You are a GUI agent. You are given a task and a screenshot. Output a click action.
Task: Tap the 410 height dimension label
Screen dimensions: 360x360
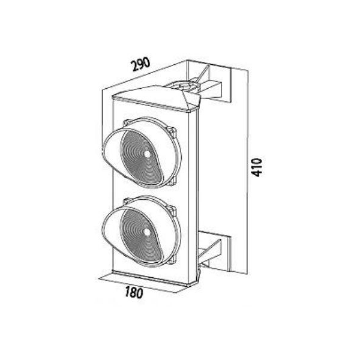coord(256,167)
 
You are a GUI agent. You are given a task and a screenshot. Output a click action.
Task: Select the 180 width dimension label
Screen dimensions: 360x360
coord(134,292)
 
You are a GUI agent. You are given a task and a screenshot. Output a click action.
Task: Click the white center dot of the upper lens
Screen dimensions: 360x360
coord(147,154)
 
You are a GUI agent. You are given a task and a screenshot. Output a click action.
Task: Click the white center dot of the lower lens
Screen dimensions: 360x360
coord(147,233)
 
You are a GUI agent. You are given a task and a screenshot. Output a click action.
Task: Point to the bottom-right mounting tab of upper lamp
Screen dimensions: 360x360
coord(173,181)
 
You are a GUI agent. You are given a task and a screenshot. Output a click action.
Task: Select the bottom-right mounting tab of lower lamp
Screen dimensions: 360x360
coord(173,259)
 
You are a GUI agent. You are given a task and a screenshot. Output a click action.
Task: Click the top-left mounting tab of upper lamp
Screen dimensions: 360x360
coord(126,123)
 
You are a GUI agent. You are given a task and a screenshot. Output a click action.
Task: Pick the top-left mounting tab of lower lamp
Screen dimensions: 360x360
coord(126,202)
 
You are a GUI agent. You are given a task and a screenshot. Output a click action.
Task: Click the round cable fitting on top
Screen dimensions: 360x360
coord(185,86)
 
